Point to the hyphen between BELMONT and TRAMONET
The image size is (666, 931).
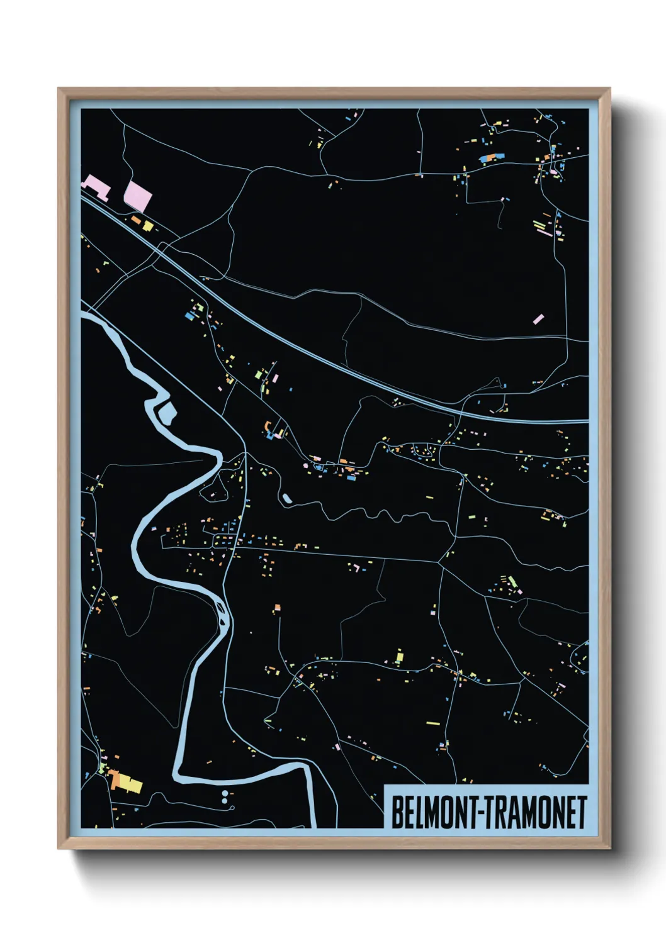pos(482,813)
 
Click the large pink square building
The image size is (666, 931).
pos(138,195)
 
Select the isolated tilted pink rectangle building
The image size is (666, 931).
pos(538,319)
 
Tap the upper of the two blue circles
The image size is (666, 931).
pos(225,794)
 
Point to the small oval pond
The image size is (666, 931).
pos(286,499)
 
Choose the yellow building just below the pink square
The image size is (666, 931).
pos(148,225)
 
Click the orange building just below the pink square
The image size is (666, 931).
pos(135,220)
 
